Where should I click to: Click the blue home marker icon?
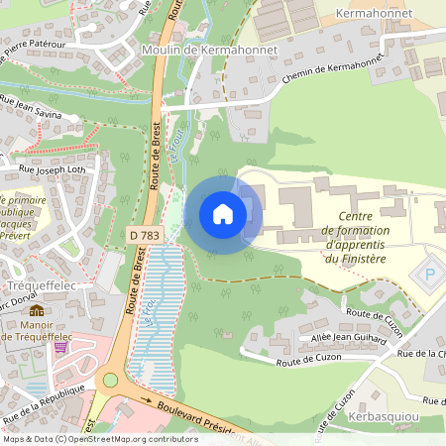[223, 213]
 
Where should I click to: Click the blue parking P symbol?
[430, 275]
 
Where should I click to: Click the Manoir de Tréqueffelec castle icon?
[37, 310]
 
